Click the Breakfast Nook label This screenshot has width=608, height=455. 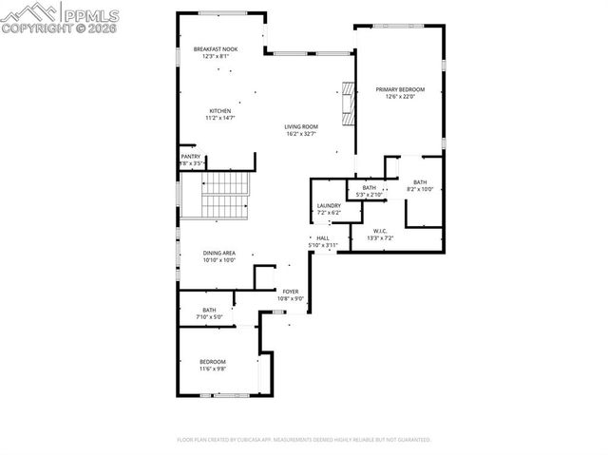(x=216, y=48)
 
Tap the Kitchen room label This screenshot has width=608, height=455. (x=220, y=111)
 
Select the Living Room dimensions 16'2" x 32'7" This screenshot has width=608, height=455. (x=301, y=134)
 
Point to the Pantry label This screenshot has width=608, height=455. (x=191, y=156)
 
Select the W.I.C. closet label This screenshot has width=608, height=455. (x=379, y=230)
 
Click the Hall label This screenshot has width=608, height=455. (x=323, y=237)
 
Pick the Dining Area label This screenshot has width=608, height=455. (x=219, y=253)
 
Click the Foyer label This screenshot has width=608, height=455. (x=290, y=292)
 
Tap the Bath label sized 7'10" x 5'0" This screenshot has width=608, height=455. (x=209, y=309)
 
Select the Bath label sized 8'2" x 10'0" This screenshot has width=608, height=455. (x=420, y=182)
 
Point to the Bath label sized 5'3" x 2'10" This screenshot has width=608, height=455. (x=367, y=188)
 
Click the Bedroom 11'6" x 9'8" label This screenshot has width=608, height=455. (x=213, y=361)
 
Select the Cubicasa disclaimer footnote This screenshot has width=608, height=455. (x=304, y=440)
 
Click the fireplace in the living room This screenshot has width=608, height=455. (x=348, y=103)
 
